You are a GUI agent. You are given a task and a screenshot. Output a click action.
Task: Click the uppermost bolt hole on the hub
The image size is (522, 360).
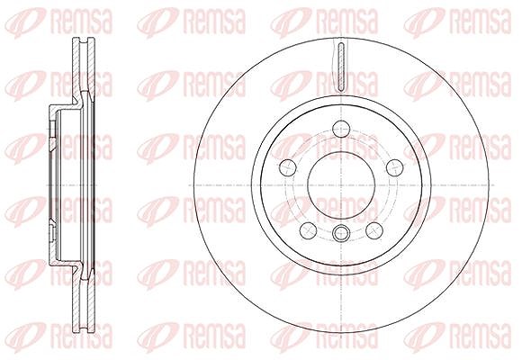pyautogui.click(x=342, y=129)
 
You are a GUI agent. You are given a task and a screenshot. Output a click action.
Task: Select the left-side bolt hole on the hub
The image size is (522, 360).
pyautogui.click(x=288, y=167)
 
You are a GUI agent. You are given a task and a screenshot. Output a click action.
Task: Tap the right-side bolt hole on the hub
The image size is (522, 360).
pyautogui.click(x=395, y=167)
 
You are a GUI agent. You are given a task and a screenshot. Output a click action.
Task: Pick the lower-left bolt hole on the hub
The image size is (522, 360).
pyautogui.click(x=309, y=230)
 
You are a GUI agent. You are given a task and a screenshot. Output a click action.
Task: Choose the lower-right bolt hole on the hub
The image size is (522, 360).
pyautogui.click(x=374, y=230)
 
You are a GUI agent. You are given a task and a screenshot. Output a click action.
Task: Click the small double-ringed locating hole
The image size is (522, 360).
pyautogui.click(x=342, y=232)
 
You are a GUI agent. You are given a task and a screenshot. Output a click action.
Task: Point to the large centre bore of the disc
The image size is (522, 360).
pyautogui.click(x=342, y=185)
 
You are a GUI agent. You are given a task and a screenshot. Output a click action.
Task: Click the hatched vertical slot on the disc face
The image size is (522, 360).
pyautogui.click(x=341, y=67)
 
